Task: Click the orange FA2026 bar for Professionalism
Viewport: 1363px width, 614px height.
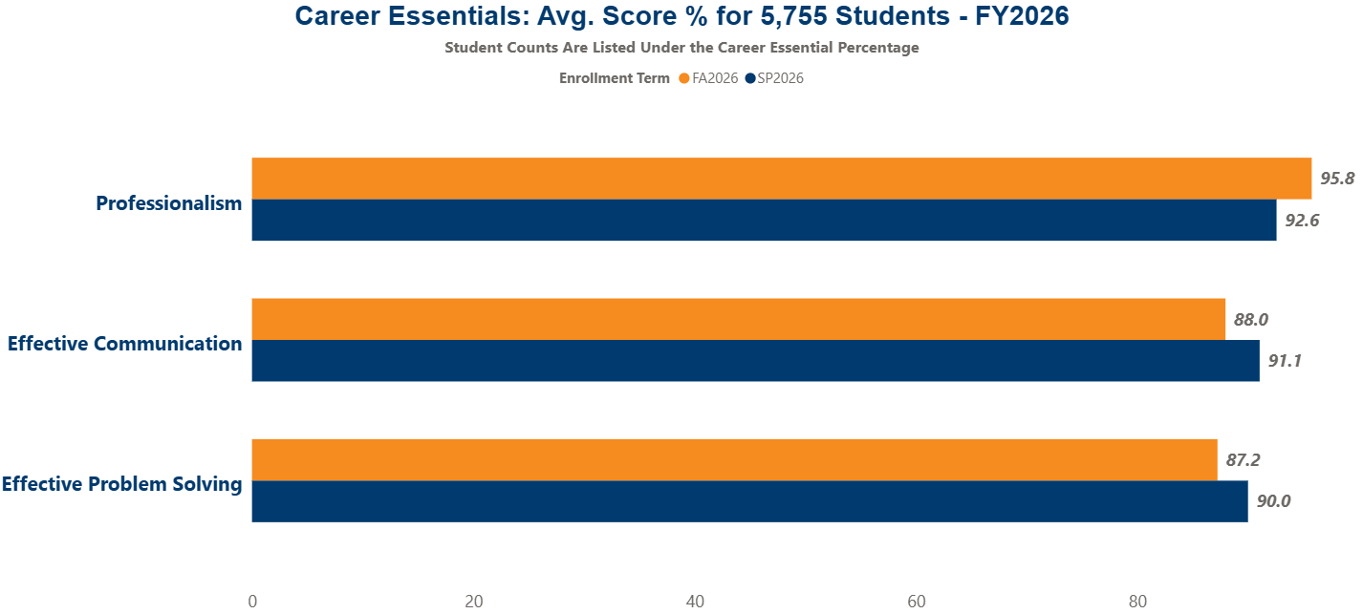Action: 781,179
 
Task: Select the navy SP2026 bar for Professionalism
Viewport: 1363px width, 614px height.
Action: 765,220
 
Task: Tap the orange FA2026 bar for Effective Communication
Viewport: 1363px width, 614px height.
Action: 739,319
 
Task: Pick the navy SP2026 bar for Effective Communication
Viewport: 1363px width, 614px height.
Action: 756,361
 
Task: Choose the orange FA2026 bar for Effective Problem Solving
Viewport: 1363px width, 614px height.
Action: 734,460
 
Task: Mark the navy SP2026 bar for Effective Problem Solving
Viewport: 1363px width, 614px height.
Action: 749,501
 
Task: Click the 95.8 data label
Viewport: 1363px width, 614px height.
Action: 1337,179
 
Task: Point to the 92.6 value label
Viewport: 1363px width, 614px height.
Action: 1302,220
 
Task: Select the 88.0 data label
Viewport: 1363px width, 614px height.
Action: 1251,319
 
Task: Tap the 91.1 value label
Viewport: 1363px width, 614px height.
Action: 1285,361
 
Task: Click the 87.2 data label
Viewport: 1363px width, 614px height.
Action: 1244,459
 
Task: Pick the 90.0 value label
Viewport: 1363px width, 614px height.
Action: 1273,501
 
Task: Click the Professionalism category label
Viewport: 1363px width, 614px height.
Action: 169,203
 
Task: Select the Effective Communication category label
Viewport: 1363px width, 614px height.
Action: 125,344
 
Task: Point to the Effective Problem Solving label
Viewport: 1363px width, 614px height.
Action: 121,484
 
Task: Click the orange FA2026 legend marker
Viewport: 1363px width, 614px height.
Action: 684,78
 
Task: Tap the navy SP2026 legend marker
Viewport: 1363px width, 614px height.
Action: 750,78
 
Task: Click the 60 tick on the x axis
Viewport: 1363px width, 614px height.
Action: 917,602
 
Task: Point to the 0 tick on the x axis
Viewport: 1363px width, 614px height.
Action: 252,602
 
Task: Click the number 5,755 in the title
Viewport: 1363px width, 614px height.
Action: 793,16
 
